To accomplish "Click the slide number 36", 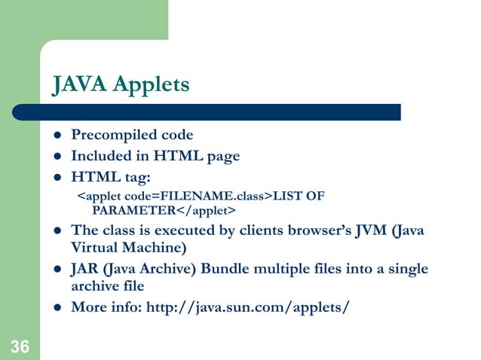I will click(20, 347).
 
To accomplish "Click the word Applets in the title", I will click(152, 85).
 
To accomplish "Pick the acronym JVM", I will click(369, 230).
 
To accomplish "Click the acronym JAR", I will click(84, 270).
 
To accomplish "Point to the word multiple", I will click(268, 270).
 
